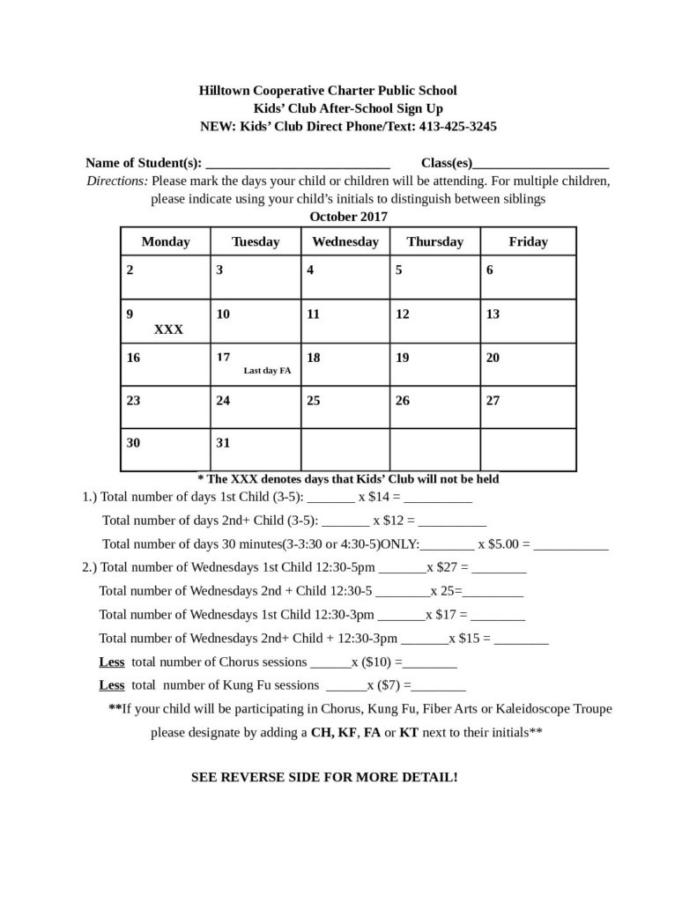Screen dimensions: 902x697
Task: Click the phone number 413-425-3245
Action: (x=455, y=126)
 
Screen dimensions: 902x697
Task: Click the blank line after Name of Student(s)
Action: (x=297, y=165)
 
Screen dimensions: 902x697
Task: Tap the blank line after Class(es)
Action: (x=541, y=165)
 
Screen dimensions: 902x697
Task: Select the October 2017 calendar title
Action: (x=348, y=217)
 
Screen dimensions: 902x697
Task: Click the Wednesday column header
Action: (x=345, y=241)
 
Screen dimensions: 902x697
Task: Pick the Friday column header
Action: (x=528, y=241)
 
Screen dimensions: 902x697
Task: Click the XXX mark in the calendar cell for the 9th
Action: (x=168, y=329)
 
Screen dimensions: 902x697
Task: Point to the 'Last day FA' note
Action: (x=267, y=371)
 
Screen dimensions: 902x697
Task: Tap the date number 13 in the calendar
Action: (x=493, y=314)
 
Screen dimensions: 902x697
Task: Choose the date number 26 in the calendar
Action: (x=403, y=401)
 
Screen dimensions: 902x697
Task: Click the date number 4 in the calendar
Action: (x=310, y=270)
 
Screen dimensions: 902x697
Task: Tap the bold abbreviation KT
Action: (x=409, y=732)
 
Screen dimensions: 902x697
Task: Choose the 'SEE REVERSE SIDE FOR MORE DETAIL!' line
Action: (x=324, y=778)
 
